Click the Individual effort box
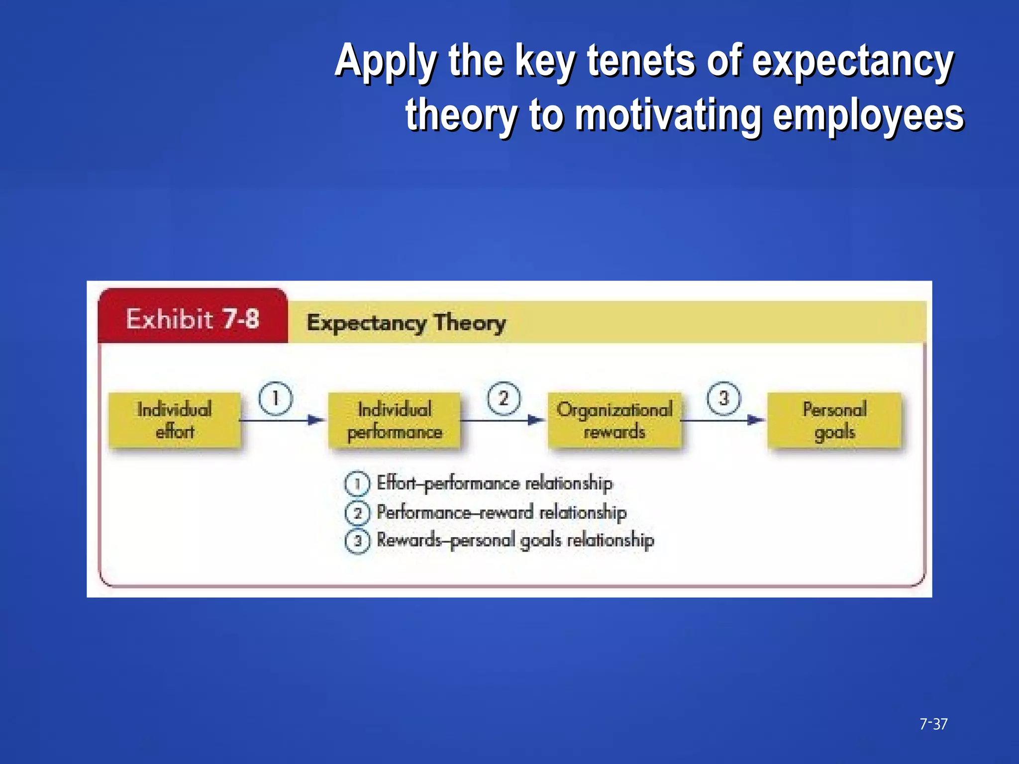pyautogui.click(x=175, y=420)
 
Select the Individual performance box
pyautogui.click(x=395, y=420)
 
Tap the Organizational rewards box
pyautogui.click(x=614, y=420)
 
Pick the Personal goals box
pyautogui.click(x=834, y=420)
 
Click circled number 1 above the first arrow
pyautogui.click(x=275, y=398)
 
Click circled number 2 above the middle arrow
pyautogui.click(x=504, y=398)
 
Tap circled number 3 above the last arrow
pyautogui.click(x=724, y=398)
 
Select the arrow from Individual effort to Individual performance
pyautogui.click(x=282, y=420)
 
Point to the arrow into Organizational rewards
pyautogui.click(x=503, y=420)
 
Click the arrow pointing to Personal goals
pyautogui.click(x=722, y=420)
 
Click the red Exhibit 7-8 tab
pyautogui.click(x=193, y=318)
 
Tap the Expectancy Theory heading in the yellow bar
pyautogui.click(x=406, y=323)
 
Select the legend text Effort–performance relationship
pyautogui.click(x=495, y=483)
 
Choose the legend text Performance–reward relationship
pyautogui.click(x=502, y=512)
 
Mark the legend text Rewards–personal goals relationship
pyautogui.click(x=515, y=540)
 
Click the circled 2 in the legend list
pyautogui.click(x=357, y=512)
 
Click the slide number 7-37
pyautogui.click(x=933, y=724)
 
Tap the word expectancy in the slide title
pyautogui.click(x=852, y=61)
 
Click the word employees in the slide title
pyautogui.click(x=868, y=115)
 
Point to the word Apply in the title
pyautogui.click(x=386, y=61)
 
